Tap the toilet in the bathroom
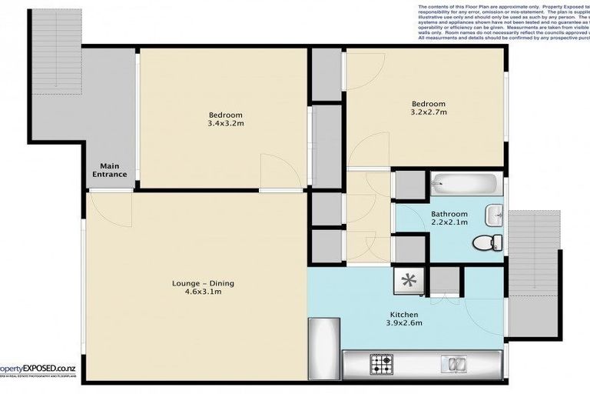(x=482, y=242)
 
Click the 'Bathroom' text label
(x=449, y=214)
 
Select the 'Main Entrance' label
(x=108, y=169)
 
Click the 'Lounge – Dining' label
(x=203, y=283)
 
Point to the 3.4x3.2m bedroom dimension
(x=225, y=122)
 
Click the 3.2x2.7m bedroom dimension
(x=428, y=112)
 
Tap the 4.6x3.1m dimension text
(x=203, y=292)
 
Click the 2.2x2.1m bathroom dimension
(x=449, y=222)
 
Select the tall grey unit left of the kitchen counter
(x=323, y=346)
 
